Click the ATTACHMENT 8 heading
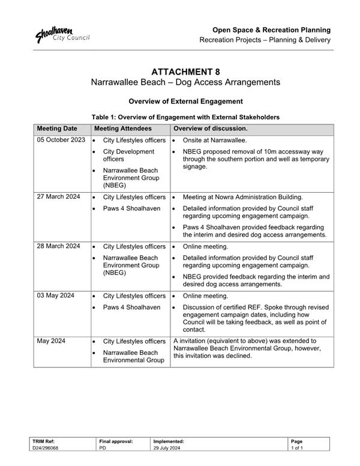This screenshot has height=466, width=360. pos(185,71)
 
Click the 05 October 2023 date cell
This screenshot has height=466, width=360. pos(61,140)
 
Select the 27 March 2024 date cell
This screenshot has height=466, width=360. pos(58,197)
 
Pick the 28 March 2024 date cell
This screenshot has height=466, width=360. pos(58,246)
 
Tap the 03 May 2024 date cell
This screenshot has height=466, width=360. pos(56,296)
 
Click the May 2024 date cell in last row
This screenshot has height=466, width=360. pos(50,341)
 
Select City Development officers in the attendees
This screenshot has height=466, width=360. pos(128,156)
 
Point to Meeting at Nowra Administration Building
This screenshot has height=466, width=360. pos(243,197)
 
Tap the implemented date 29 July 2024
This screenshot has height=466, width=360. pos(167,448)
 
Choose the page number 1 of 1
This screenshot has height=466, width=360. pos(297,448)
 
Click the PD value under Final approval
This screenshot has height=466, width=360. pos(102,448)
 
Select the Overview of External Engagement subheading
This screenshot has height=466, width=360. pos(185,101)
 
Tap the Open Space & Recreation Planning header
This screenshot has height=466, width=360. pos(271,29)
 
